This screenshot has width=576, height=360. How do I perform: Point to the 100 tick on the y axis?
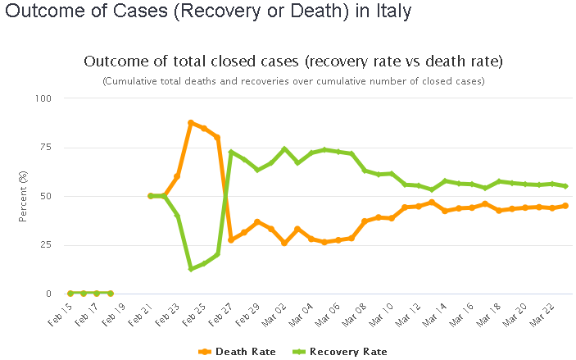(42, 98)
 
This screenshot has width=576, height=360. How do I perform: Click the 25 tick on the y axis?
(44, 245)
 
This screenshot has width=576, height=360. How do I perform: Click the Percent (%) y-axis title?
(24, 196)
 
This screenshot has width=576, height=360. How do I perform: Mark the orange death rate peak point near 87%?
(191, 123)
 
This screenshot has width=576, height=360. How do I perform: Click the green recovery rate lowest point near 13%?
(191, 268)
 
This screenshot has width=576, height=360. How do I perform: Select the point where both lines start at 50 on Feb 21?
(151, 196)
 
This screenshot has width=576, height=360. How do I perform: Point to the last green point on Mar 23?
(565, 186)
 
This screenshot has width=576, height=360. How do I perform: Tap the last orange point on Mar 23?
(565, 206)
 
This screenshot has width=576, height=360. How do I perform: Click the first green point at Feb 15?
(70, 293)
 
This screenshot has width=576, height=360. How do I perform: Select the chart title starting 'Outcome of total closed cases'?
(293, 62)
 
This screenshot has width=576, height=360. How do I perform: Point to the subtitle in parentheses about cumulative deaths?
(293, 81)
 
